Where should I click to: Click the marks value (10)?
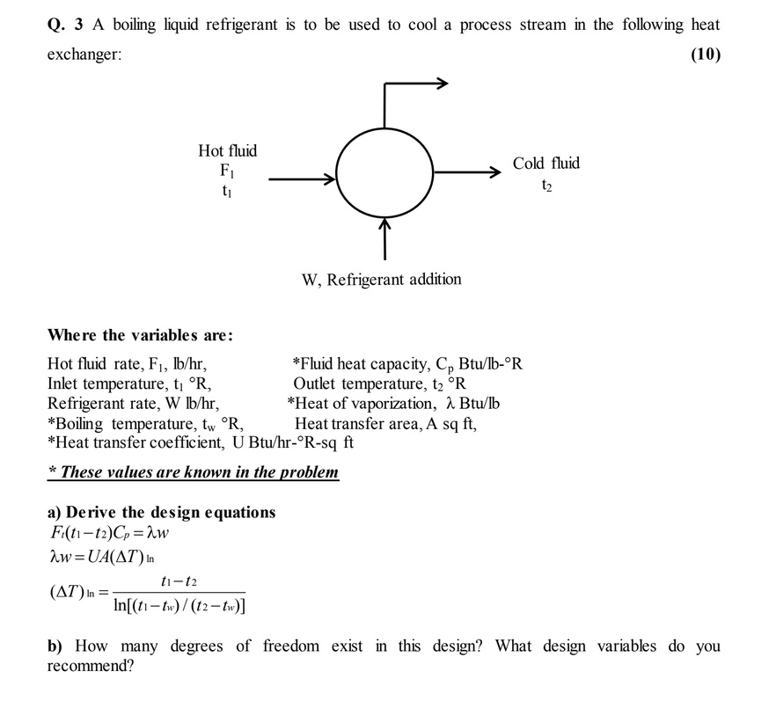point(705,55)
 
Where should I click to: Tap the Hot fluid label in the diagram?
point(227,151)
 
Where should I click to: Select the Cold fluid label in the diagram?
point(546,163)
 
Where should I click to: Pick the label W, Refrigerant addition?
point(381,280)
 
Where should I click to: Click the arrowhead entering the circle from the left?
point(331,180)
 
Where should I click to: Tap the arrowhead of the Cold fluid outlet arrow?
point(494,173)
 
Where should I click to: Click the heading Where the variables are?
point(140,335)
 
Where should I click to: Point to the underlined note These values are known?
point(193,472)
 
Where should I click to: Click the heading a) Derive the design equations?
point(161,512)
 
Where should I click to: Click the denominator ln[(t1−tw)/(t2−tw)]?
point(179,606)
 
